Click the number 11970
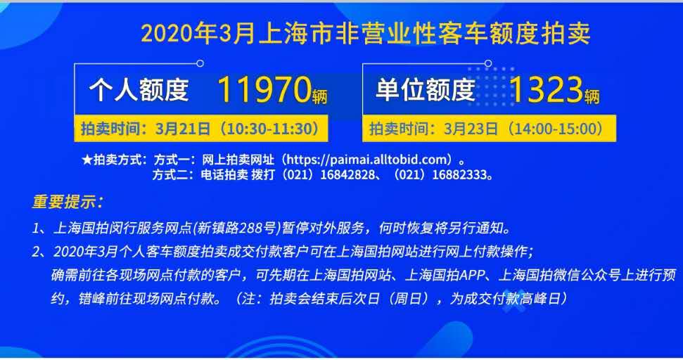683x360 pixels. (264, 90)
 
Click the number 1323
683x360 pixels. (545, 90)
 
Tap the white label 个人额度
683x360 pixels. (139, 90)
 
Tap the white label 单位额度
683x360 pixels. (425, 90)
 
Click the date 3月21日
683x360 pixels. (183, 129)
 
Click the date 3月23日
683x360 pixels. (471, 129)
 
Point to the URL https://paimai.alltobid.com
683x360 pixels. (368, 160)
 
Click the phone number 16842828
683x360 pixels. (347, 175)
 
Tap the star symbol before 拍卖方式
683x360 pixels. (87, 160)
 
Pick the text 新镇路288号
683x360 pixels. (237, 228)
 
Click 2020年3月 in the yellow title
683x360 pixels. (198, 34)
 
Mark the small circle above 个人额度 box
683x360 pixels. (200, 63)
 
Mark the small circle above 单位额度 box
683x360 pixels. (488, 63)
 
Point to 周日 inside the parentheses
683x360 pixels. (410, 299)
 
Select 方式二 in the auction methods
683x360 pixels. (170, 175)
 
